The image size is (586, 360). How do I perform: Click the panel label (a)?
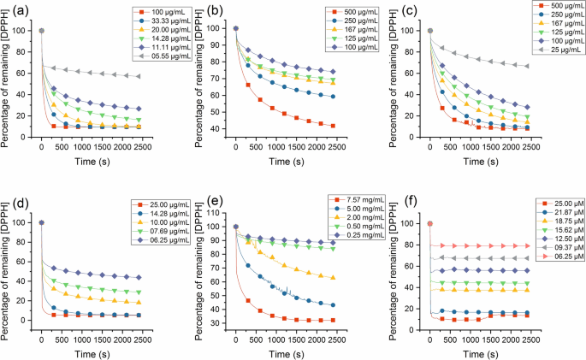pos(15,12)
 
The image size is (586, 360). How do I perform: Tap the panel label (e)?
pos(210,204)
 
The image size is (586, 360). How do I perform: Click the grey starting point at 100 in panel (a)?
pos(41,31)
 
